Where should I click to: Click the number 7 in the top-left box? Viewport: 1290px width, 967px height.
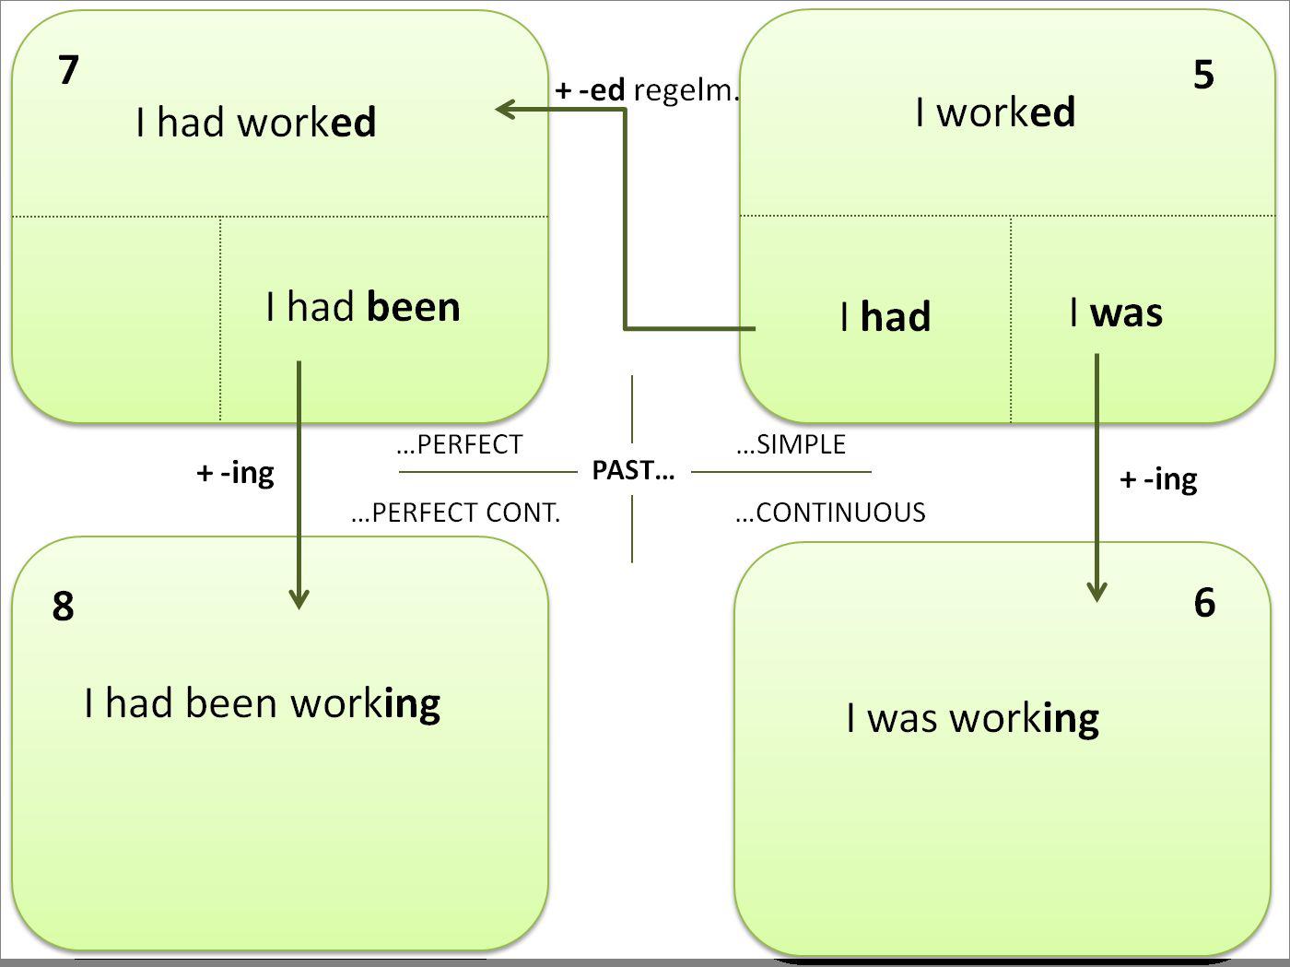pyautogui.click(x=69, y=70)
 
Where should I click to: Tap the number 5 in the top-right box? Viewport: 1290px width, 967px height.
pyautogui.click(x=1203, y=75)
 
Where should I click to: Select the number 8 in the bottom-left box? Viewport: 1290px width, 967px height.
pyautogui.click(x=63, y=606)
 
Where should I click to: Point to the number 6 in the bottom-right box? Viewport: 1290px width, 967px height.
pyautogui.click(x=1204, y=602)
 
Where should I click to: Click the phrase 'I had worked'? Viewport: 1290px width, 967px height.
pyautogui.click(x=255, y=122)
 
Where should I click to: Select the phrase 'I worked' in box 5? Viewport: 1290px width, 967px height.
pyautogui.click(x=995, y=112)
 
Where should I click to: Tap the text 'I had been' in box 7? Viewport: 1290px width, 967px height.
pyautogui.click(x=363, y=307)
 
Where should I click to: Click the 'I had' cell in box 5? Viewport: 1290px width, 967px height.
pyautogui.click(x=885, y=317)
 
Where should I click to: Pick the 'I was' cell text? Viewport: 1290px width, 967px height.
pyautogui.click(x=1116, y=313)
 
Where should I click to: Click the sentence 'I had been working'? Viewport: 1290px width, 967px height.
pyautogui.click(x=263, y=703)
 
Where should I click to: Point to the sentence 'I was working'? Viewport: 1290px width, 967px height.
pyautogui.click(x=972, y=718)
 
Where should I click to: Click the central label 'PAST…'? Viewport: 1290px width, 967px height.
pyautogui.click(x=633, y=471)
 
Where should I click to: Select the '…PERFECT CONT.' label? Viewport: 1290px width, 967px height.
pyautogui.click(x=456, y=513)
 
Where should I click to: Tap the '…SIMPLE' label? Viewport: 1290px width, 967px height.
pyautogui.click(x=792, y=444)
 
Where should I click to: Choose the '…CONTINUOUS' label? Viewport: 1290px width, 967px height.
pyautogui.click(x=831, y=513)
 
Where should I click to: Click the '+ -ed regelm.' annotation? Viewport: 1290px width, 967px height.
pyautogui.click(x=648, y=90)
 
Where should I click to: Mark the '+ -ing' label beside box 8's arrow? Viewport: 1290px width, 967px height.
pyautogui.click(x=236, y=474)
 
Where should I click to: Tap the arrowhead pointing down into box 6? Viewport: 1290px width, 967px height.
pyautogui.click(x=1096, y=592)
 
